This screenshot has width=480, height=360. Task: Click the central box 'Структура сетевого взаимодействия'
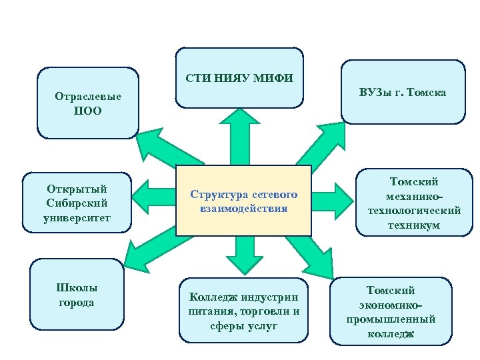coord(243,201)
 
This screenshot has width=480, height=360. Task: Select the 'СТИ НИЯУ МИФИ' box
coord(239,78)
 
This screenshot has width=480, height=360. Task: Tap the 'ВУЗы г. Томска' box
coord(403,92)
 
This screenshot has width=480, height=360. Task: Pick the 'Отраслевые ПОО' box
coord(87,103)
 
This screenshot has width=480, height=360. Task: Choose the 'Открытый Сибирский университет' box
coord(77,203)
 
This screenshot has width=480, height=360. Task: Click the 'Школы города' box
coord(77,295)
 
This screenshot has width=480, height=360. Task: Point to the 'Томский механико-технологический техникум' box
coord(414,203)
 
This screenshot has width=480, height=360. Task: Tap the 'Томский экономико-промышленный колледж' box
coord(391,311)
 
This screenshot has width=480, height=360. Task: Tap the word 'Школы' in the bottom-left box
coord(78,288)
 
